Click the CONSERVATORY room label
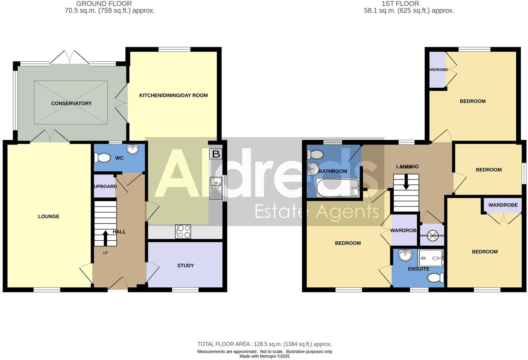71,103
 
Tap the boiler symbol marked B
216,154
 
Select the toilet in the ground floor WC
103,158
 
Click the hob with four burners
183,232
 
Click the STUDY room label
185,266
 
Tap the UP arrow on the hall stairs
106,237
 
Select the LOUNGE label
49,217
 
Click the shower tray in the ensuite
430,258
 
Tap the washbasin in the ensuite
405,255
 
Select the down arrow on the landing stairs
406,182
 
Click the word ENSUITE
418,269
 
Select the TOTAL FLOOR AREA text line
264,344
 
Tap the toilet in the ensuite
436,278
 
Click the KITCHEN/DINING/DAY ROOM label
173,95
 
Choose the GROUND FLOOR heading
104,4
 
